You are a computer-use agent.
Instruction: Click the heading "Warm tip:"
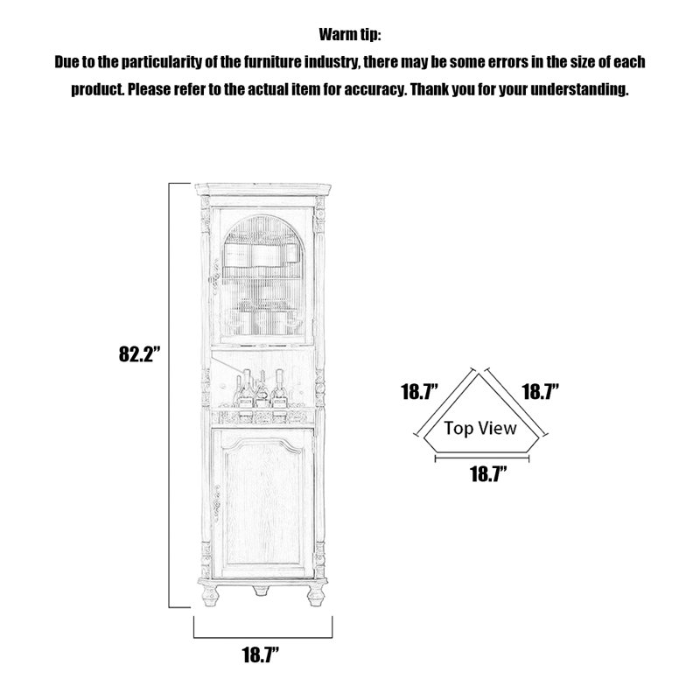click(349, 34)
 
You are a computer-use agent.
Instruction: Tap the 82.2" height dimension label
click(139, 354)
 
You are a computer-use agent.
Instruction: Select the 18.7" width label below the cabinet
click(261, 654)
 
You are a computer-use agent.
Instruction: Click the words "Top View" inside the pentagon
click(480, 428)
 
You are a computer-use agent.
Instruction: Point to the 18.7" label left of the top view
click(420, 392)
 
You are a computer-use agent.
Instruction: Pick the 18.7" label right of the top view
click(541, 392)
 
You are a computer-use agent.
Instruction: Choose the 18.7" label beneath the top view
click(489, 474)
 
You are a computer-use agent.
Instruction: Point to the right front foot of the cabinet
click(316, 595)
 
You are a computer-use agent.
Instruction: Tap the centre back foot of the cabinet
click(261, 591)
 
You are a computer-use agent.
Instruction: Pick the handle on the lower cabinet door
click(216, 504)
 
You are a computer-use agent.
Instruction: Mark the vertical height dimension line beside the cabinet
click(169, 395)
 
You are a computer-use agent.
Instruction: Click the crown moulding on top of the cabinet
click(263, 189)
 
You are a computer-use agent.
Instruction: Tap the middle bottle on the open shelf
click(262, 390)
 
